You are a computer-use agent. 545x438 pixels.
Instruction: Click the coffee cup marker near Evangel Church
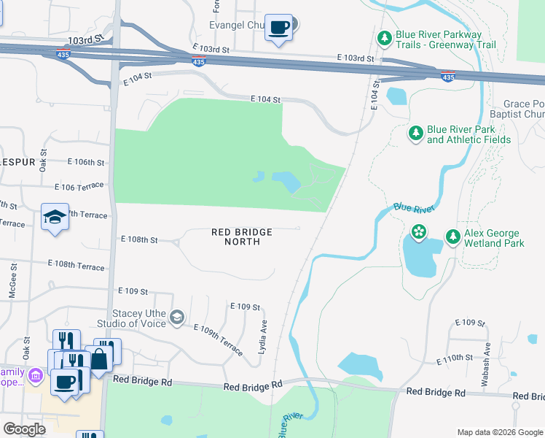[278, 28]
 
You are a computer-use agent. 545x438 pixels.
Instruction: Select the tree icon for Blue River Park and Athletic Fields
[415, 133]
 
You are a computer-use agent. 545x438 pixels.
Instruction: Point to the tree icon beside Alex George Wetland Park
[452, 237]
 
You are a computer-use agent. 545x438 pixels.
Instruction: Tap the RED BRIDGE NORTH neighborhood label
[242, 237]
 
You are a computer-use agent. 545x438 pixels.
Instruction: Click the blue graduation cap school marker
[54, 218]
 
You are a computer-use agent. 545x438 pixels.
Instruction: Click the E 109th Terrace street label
[219, 340]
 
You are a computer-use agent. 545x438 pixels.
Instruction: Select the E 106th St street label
[85, 161]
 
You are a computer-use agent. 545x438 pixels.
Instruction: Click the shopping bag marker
[98, 358]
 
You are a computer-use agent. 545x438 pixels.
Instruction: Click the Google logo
[25, 429]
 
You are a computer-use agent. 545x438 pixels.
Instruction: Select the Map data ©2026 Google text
[498, 431]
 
